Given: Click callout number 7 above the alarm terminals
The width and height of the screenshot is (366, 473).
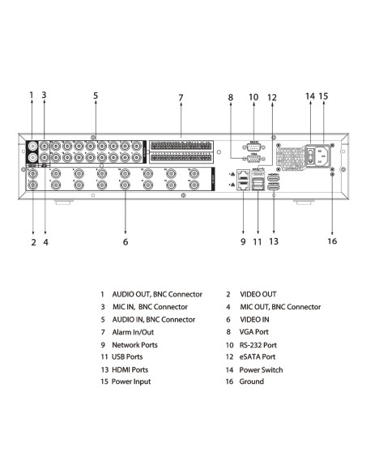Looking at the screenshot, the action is point(181,97).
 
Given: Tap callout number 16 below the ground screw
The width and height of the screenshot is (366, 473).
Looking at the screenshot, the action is point(332,241).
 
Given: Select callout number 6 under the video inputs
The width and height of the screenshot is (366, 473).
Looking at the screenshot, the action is point(126,241).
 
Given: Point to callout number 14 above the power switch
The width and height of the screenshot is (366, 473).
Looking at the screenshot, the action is point(310,96).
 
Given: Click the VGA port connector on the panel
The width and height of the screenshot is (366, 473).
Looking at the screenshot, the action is point(253,159).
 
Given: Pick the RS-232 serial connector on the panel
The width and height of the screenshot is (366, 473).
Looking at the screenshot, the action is point(253,147).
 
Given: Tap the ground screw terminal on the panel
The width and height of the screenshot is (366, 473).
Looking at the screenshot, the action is point(332,174).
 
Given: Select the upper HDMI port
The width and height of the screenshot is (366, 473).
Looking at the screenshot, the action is point(274,178).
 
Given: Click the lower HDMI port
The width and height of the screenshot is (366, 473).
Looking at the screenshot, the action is point(274,187).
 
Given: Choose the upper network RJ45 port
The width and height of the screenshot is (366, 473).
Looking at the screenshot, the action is point(243,175).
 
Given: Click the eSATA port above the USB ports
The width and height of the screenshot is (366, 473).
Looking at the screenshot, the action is point(258,173).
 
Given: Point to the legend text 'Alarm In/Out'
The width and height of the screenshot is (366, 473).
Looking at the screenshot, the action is point(133,332).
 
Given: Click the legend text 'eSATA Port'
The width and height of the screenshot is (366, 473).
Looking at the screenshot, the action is point(257,357).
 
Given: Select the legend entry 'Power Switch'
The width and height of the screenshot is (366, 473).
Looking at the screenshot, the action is point(261,370).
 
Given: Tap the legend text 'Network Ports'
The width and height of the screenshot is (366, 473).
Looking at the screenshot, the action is point(134,345).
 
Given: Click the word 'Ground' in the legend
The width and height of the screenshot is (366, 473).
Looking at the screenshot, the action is point(252,381).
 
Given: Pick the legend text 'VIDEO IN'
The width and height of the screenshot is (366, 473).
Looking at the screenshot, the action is point(254,319).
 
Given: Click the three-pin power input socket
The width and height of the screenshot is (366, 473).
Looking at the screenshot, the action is point(320,156).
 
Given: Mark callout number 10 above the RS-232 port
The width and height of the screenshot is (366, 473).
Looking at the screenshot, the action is point(253,97).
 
